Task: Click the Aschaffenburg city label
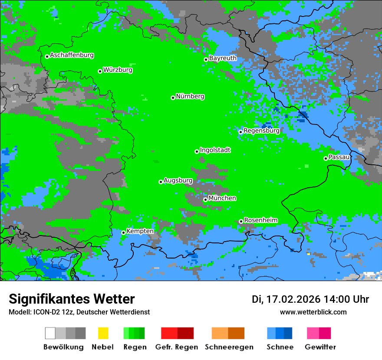[x=72, y=55]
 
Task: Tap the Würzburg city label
[x=118, y=70]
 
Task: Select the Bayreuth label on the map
[x=223, y=58]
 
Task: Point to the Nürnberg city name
[x=190, y=96]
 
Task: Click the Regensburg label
[x=261, y=130]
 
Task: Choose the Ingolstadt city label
[x=215, y=150]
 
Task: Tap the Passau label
[x=339, y=157]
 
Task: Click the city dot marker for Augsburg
[x=161, y=182]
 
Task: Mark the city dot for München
[x=205, y=200]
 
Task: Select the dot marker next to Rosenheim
[x=241, y=221]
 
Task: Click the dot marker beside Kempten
[x=123, y=232]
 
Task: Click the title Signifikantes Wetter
[x=72, y=299]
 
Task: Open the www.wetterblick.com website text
[x=313, y=312]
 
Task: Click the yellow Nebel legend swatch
[x=103, y=333]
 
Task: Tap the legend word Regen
[x=134, y=347]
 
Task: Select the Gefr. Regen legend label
[x=177, y=347]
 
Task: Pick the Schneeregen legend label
[x=229, y=347]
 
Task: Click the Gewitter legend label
[x=320, y=347]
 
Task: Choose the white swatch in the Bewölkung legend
[x=50, y=333]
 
